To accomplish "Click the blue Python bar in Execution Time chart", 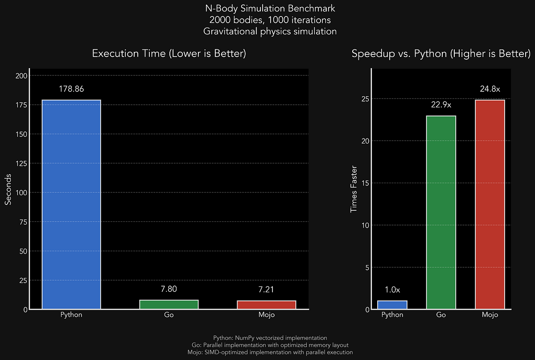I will (x=71, y=204).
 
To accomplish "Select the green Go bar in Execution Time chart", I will (x=169, y=304).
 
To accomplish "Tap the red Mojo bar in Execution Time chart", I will (x=267, y=305).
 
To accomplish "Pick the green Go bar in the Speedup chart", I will (x=441, y=212).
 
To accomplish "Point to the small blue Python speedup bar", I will (x=392, y=305).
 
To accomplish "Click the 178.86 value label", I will (x=71, y=89).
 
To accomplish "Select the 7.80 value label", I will (x=169, y=289).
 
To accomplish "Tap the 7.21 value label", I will (x=267, y=290).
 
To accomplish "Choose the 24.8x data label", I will (x=490, y=89).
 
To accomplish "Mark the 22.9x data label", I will (x=441, y=105).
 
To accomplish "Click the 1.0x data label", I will (x=392, y=290).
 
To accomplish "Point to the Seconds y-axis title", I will (x=8, y=192).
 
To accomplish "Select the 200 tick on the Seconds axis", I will (x=22, y=76).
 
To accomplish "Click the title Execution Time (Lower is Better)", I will (x=169, y=53).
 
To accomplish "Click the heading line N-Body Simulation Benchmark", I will (x=267, y=8).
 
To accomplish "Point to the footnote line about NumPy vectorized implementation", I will (x=270, y=338).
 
